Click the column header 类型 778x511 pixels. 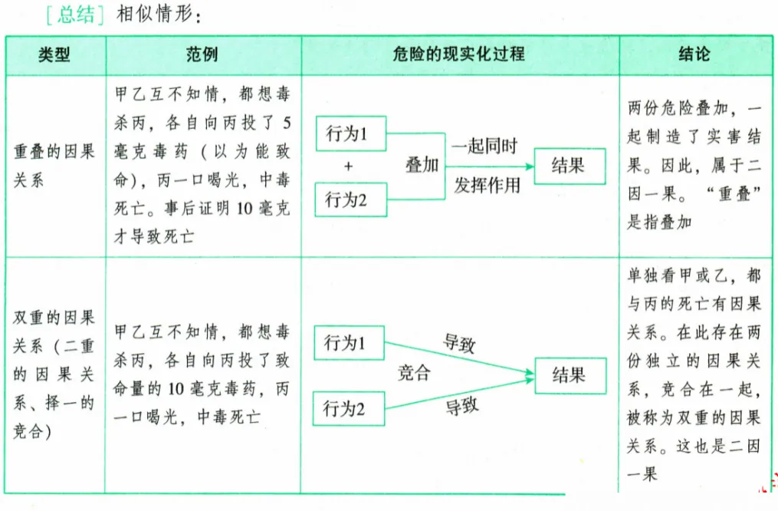54,55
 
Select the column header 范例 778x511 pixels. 202,55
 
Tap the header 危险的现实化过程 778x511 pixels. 459,55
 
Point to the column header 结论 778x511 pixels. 694,55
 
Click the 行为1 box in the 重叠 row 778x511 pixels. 350,134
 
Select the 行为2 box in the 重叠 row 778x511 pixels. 350,200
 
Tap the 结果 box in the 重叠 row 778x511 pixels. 569,166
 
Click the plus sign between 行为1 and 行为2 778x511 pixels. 349,167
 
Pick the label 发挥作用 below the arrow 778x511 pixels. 487,185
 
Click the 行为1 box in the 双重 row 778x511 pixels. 349,343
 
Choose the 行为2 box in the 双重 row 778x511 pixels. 349,409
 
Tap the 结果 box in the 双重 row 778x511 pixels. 569,374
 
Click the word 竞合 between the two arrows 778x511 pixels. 415,374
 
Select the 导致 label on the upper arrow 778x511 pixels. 460,342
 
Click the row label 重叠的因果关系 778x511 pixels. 54,166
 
